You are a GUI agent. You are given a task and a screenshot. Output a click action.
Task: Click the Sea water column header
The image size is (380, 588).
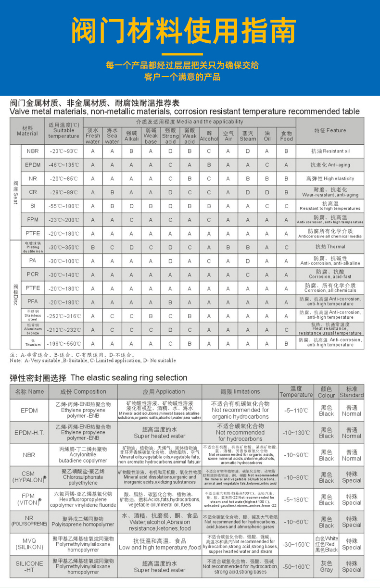(x=112, y=136)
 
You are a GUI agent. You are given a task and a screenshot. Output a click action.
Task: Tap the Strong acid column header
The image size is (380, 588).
(x=170, y=136)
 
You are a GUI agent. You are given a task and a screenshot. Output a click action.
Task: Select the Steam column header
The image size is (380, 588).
(x=248, y=136)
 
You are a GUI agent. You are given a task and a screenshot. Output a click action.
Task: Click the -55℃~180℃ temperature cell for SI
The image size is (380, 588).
(x=64, y=206)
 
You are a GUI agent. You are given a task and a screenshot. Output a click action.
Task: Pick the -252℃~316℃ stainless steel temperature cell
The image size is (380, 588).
(x=64, y=316)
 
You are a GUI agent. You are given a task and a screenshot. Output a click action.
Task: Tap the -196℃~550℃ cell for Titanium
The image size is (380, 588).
(x=64, y=344)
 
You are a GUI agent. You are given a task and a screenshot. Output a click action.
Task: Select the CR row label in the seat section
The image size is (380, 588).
(x=33, y=192)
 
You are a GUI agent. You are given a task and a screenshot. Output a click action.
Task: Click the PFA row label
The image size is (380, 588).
(x=33, y=302)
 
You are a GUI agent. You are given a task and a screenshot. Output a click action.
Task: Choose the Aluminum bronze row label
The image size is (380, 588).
(x=33, y=330)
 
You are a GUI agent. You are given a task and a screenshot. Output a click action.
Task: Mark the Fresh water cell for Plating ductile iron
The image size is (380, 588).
(x=93, y=247)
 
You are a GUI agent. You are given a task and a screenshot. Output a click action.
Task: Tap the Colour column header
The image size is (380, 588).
(x=326, y=392)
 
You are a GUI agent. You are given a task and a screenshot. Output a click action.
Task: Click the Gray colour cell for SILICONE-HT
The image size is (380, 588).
(x=326, y=566)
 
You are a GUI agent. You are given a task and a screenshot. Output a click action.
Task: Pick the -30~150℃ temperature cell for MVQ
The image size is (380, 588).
(x=296, y=544)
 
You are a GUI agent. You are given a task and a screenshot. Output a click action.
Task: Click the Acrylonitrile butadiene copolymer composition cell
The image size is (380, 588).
(x=84, y=454)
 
